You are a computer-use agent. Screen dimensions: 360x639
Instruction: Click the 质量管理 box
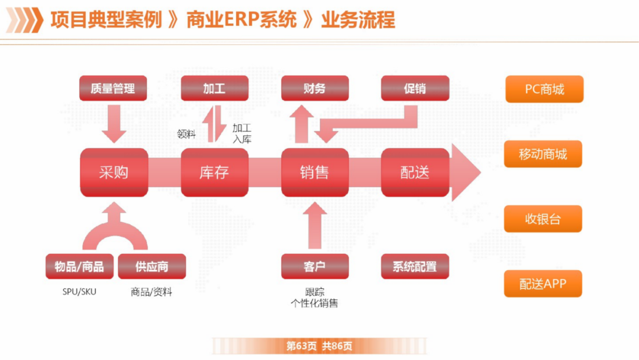(x=113, y=89)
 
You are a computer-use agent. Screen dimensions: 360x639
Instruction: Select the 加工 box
(x=214, y=89)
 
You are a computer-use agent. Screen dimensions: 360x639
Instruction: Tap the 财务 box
(x=314, y=89)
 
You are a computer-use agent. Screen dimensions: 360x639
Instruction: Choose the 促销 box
(x=415, y=89)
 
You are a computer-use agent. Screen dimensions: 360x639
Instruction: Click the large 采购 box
(x=114, y=172)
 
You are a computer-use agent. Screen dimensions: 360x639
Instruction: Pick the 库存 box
(x=214, y=172)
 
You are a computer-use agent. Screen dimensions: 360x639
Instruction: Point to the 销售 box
(x=314, y=172)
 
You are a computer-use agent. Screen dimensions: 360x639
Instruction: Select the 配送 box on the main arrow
(x=415, y=172)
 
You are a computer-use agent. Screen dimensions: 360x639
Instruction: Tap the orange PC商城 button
(x=544, y=89)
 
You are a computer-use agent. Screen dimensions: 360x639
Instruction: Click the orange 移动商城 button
(x=543, y=155)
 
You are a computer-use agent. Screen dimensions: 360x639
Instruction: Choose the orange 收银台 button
(x=543, y=219)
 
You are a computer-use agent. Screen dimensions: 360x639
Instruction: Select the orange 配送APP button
(x=543, y=284)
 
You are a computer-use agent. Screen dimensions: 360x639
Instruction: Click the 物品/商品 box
(x=79, y=266)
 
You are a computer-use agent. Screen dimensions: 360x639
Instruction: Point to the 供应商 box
(x=152, y=266)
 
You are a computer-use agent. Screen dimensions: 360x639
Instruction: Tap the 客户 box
(x=314, y=266)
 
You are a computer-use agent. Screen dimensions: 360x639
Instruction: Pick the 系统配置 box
(x=415, y=266)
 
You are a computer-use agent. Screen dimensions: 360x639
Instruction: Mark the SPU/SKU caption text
(x=79, y=292)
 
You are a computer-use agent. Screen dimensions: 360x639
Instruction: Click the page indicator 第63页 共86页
(x=319, y=346)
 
